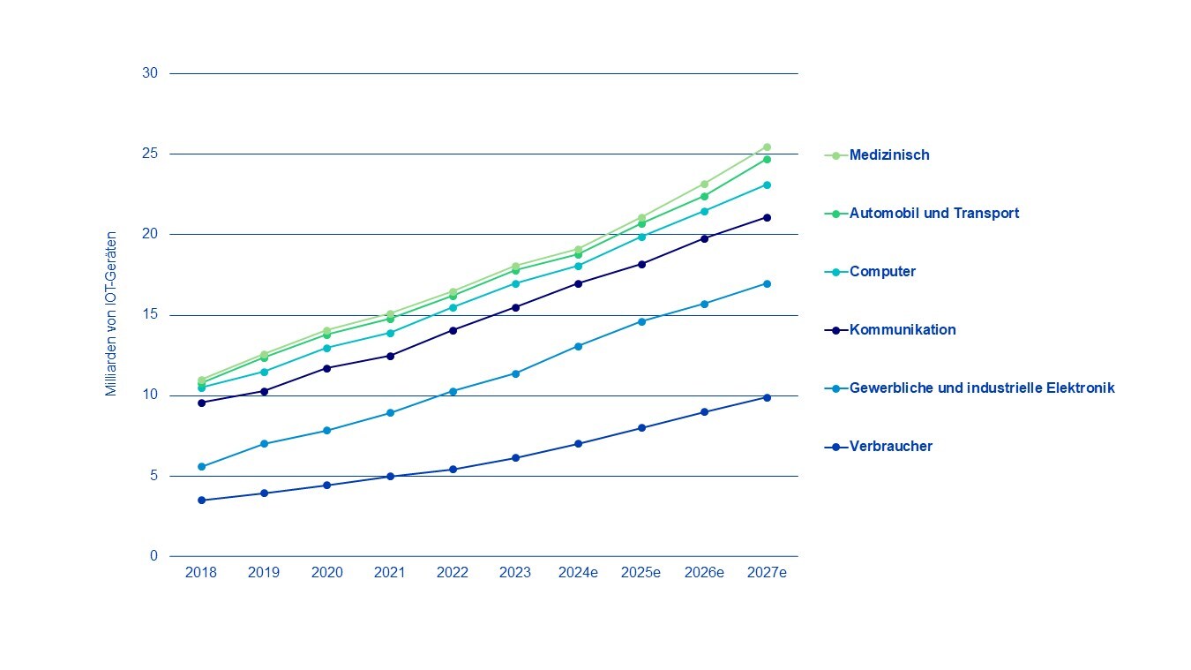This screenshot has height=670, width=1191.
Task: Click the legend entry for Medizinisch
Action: pyautogui.click(x=888, y=155)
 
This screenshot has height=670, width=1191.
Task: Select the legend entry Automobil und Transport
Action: pyautogui.click(x=933, y=214)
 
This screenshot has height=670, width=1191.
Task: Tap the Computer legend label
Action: pyautogui.click(x=882, y=272)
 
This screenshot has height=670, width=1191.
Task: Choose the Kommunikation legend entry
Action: pyautogui.click(x=902, y=330)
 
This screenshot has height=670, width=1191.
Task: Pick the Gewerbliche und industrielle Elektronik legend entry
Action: pyautogui.click(x=981, y=388)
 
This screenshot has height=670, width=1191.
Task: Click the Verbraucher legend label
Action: pyautogui.click(x=890, y=447)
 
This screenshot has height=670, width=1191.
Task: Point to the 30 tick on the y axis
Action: pyautogui.click(x=149, y=73)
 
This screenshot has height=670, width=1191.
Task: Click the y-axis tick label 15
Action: pyautogui.click(x=149, y=315)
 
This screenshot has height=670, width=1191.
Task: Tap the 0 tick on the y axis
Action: pyautogui.click(x=154, y=556)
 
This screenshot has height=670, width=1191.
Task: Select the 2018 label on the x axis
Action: pyautogui.click(x=201, y=573)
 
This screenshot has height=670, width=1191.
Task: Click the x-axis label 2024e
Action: pyautogui.click(x=579, y=573)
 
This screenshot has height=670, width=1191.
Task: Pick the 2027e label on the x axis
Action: pyautogui.click(x=767, y=573)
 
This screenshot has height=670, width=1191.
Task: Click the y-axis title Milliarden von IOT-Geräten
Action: pyautogui.click(x=111, y=313)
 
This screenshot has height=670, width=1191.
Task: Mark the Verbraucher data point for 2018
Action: pyautogui.click(x=201, y=501)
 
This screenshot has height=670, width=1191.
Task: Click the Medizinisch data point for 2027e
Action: pyautogui.click(x=767, y=147)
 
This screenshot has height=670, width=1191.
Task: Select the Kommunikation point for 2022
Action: pyautogui.click(x=453, y=330)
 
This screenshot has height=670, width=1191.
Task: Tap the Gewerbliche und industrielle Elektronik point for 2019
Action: pyautogui.click(x=264, y=444)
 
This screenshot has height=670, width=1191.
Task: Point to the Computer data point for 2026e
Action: pyautogui.click(x=704, y=211)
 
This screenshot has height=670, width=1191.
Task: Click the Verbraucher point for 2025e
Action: pyautogui.click(x=641, y=428)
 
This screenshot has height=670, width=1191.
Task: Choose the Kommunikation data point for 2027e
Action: pyautogui.click(x=767, y=217)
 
